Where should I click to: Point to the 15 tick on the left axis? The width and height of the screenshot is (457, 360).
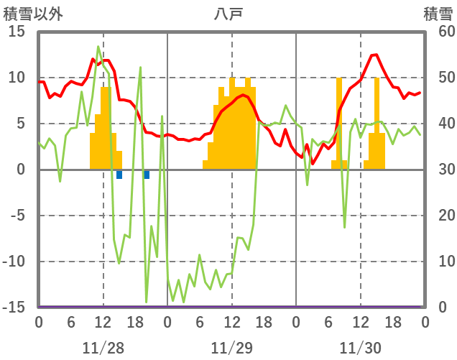point(17,32)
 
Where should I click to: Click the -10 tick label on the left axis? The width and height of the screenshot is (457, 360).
point(14,262)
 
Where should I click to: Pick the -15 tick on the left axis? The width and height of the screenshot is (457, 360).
point(14,308)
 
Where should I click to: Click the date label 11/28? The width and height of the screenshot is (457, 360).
point(103,349)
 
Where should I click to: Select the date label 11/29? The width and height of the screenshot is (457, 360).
point(231,349)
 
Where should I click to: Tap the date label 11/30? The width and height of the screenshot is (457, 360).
point(360,349)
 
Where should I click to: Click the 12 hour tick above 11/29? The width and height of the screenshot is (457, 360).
point(231,323)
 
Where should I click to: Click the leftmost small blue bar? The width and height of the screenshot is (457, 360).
point(119,175)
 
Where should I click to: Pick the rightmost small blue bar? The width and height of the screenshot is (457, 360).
point(147,175)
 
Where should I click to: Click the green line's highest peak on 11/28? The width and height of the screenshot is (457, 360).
point(98,47)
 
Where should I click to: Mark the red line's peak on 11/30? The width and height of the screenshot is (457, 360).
point(375,55)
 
